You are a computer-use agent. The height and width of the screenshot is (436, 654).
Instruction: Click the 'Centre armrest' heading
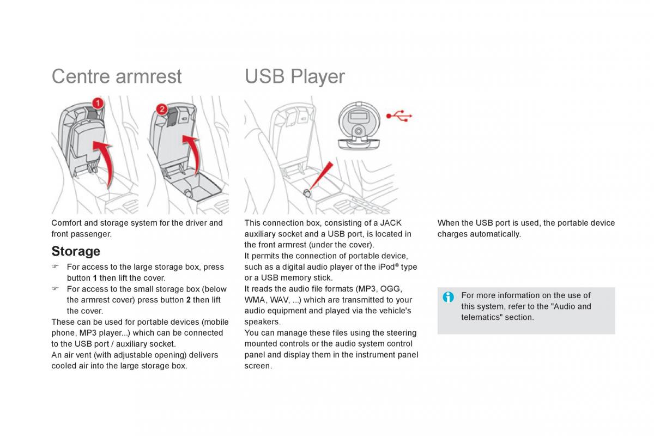116,76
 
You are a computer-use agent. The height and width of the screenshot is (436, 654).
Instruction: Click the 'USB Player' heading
294,76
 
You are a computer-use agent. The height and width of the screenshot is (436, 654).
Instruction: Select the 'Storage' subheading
76,251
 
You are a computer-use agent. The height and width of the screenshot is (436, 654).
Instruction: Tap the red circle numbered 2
161,109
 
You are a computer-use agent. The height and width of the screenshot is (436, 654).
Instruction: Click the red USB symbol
399,116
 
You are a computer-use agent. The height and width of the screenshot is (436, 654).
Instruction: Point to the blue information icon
448,297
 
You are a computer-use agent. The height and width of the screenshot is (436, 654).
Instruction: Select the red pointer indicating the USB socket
323,177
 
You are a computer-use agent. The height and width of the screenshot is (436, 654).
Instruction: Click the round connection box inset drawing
358,124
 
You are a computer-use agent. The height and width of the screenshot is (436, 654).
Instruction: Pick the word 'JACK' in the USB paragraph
391,223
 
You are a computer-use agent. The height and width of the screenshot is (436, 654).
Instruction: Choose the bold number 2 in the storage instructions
188,300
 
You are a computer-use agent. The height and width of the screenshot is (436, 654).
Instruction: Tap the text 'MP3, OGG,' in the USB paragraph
379,289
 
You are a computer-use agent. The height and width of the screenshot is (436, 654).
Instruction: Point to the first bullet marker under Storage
55,267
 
